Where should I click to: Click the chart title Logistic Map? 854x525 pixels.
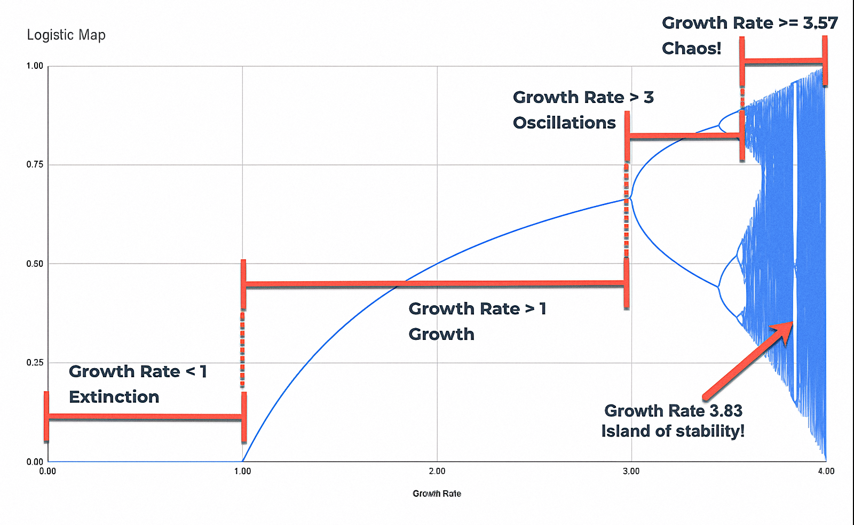(66, 35)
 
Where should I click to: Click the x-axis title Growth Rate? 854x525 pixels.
(437, 494)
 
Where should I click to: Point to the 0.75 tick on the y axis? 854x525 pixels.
(35, 164)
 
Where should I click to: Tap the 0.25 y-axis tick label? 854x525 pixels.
(35, 363)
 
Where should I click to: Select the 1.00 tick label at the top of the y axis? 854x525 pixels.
(35, 66)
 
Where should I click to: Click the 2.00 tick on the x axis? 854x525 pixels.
(437, 471)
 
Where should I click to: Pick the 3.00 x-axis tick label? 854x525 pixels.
(631, 471)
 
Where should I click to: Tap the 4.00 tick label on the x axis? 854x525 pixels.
(826, 471)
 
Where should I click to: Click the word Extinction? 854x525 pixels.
(114, 397)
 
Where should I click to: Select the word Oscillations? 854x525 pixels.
(564, 123)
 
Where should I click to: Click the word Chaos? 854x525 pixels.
(691, 49)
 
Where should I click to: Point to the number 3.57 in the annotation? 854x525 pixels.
(820, 23)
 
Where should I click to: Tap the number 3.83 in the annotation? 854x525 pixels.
(726, 411)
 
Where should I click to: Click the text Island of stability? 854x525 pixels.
(673, 431)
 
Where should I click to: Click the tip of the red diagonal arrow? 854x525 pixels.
(791, 323)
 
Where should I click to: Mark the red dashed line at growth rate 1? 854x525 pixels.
(242, 349)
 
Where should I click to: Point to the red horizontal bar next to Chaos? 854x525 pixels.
(783, 62)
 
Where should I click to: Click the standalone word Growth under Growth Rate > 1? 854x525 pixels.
(441, 334)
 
